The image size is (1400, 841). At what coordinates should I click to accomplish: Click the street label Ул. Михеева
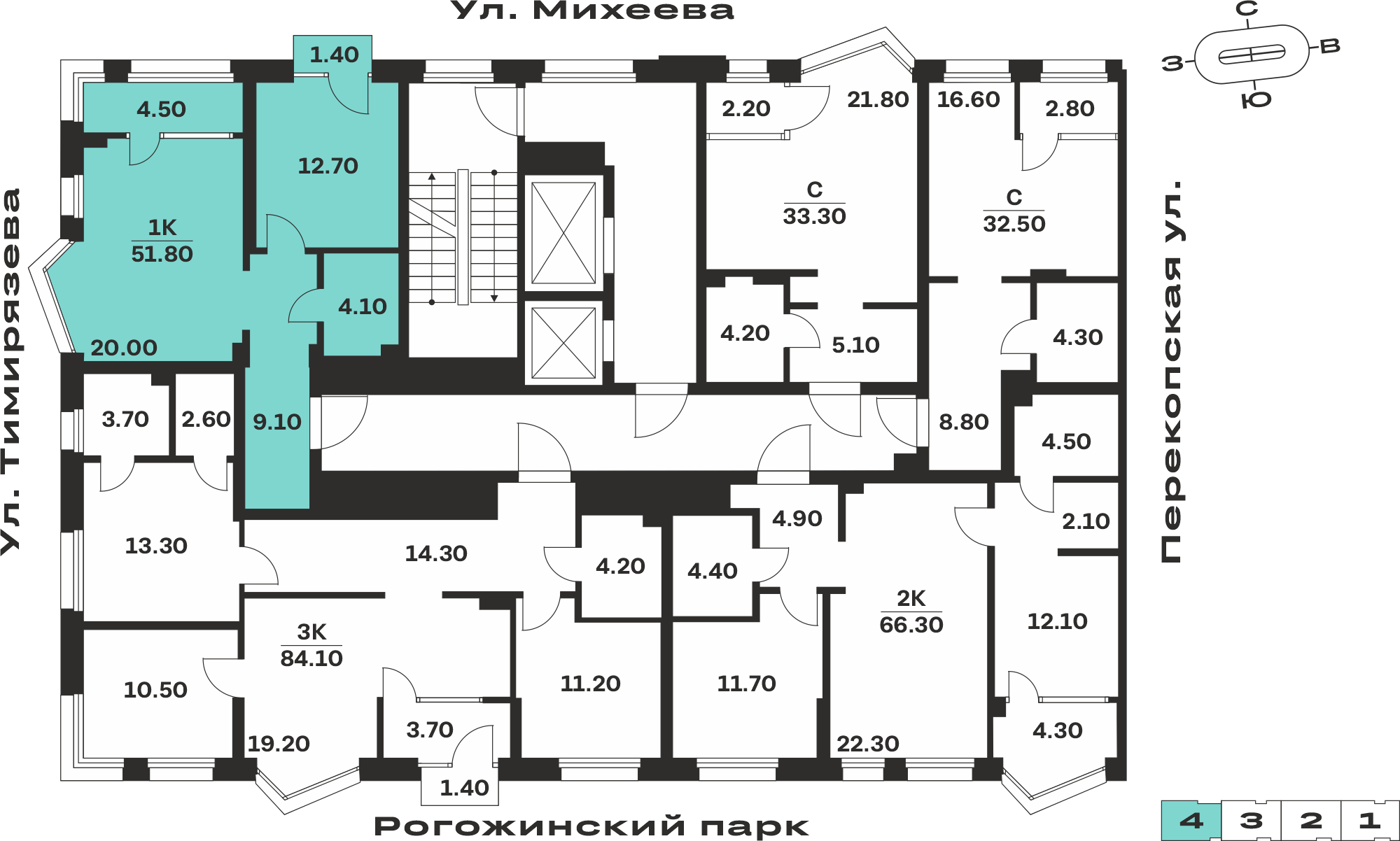tap(592, 10)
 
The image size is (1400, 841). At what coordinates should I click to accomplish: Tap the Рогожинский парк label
tap(591, 826)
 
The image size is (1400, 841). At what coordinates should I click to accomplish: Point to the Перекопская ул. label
tap(1171, 372)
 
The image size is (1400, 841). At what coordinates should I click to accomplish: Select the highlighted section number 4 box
tap(1191, 821)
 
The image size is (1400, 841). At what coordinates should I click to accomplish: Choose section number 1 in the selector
tap(1370, 821)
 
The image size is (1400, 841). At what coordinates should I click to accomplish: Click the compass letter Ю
tap(1256, 100)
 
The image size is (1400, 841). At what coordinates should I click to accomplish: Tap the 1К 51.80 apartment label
tap(162, 241)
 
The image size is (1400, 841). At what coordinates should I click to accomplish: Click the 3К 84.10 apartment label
tap(311, 645)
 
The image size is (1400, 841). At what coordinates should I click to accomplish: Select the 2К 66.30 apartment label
tap(911, 612)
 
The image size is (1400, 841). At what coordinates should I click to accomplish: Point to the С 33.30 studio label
tap(814, 203)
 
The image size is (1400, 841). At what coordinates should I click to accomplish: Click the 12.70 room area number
tap(328, 166)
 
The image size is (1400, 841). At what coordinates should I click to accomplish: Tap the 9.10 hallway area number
tap(277, 422)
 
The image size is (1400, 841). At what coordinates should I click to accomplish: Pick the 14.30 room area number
tap(436, 553)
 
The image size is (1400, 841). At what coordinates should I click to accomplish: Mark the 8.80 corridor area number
tap(964, 422)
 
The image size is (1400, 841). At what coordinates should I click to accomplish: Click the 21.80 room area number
tap(878, 100)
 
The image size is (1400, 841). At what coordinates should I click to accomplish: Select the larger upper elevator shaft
tap(563, 233)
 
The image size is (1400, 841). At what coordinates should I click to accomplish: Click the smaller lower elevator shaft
tap(563, 343)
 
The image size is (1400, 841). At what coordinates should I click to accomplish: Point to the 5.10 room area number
tap(855, 345)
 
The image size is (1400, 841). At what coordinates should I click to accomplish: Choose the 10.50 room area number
tap(155, 690)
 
